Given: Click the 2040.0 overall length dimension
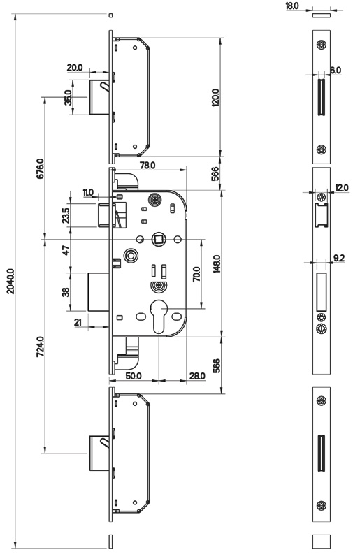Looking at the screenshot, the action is click(x=10, y=282).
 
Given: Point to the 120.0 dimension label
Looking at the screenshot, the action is click(x=215, y=98).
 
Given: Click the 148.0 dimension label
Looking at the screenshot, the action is click(x=217, y=264).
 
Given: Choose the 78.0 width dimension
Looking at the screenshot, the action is click(x=147, y=165).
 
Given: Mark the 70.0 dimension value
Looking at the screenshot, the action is click(x=196, y=274).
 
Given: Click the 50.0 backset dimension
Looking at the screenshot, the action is click(x=134, y=376).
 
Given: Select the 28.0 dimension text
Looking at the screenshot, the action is click(x=197, y=376).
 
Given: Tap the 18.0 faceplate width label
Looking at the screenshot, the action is click(x=292, y=6).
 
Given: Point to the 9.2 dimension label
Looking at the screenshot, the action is click(x=339, y=258).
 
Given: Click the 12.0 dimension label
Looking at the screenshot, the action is click(x=341, y=188).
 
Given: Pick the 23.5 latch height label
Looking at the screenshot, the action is click(x=66, y=215).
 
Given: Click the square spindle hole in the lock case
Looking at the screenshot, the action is click(x=157, y=239).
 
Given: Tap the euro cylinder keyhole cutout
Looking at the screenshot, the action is click(x=158, y=315).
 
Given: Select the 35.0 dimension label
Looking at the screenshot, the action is click(x=68, y=97).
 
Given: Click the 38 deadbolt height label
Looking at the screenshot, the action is click(x=66, y=292).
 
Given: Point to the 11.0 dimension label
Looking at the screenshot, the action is click(x=88, y=193).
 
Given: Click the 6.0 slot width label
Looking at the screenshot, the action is click(x=336, y=71).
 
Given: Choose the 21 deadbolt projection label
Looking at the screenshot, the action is click(x=78, y=323).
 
